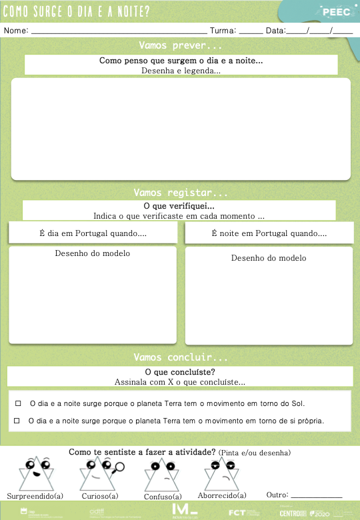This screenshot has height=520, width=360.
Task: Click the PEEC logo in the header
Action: tap(335, 11)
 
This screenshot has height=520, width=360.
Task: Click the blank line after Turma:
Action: tap(250, 31)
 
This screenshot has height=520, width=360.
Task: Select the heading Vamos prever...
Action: tap(181, 46)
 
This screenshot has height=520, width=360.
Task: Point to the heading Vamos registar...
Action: tap(181, 193)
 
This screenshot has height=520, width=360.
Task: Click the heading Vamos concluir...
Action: tap(181, 357)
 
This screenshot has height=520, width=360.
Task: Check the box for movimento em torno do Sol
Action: tap(18, 403)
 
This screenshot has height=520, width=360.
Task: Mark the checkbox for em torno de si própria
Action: tap(17, 421)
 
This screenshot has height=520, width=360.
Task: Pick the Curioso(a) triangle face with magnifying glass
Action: tap(99, 473)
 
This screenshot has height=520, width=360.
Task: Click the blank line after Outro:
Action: tap(317, 496)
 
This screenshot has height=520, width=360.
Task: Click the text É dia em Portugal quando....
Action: tap(93, 233)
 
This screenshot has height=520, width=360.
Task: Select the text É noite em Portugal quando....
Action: tap(269, 233)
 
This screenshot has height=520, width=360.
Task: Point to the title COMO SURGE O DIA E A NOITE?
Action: tap(77, 12)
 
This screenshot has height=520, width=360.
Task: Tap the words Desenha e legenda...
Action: tap(181, 70)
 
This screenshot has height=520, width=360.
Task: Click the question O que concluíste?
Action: tap(180, 372)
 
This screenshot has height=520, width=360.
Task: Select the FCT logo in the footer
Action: tap(237, 513)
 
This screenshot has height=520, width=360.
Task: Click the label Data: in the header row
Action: tap(275, 31)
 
